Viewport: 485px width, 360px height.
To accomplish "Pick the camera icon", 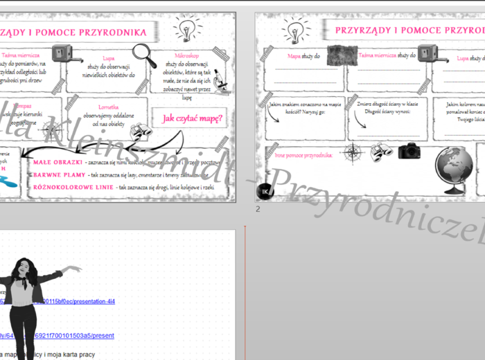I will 409,150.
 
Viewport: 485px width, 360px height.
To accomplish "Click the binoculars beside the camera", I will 382,152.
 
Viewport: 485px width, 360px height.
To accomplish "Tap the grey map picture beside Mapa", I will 341,56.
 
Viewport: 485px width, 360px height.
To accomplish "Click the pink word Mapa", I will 294,55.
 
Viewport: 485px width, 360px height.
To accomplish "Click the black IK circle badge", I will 265,191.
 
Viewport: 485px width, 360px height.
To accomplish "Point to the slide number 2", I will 258,208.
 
